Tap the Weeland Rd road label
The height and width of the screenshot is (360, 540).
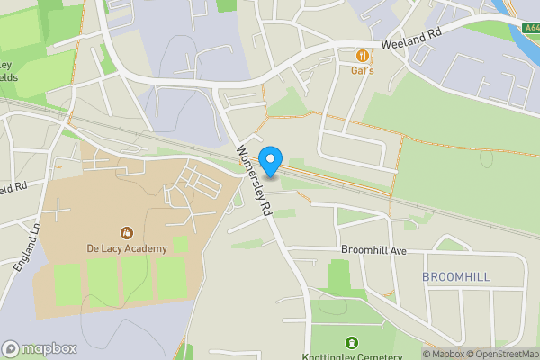410,43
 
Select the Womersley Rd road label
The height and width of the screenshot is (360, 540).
254,180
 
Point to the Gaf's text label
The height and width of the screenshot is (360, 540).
362,70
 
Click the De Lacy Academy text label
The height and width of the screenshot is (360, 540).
127,248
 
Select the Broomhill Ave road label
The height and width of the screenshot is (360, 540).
374,249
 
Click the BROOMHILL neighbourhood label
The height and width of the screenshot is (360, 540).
456,276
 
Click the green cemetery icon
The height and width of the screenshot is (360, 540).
351,342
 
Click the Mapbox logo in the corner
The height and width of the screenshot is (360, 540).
39,348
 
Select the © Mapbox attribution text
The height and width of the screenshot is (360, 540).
444,354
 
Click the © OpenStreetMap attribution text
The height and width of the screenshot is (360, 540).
502,354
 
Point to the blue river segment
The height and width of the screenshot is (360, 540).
526,31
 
